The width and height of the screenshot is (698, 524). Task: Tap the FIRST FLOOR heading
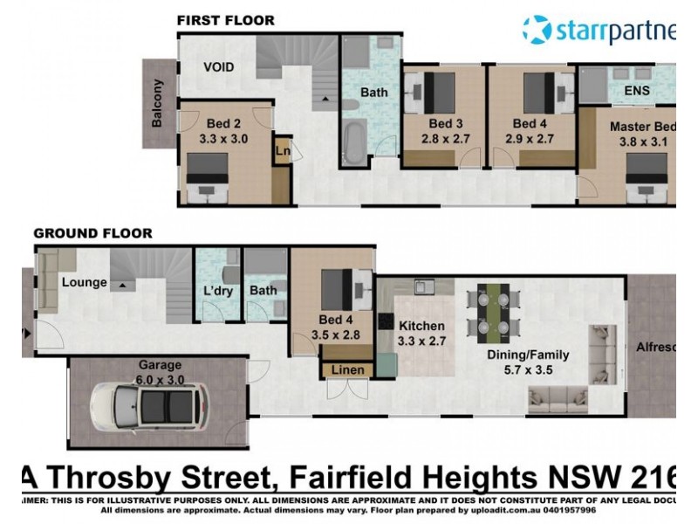click(x=225, y=20)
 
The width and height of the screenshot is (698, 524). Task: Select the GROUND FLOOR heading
click(x=92, y=233)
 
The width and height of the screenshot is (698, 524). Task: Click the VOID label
click(x=218, y=67)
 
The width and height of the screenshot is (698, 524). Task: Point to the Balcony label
click(x=158, y=104)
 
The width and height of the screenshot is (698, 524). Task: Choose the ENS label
click(x=638, y=89)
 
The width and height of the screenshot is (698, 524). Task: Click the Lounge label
click(x=84, y=282)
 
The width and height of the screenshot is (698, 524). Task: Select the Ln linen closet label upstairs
click(x=282, y=151)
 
